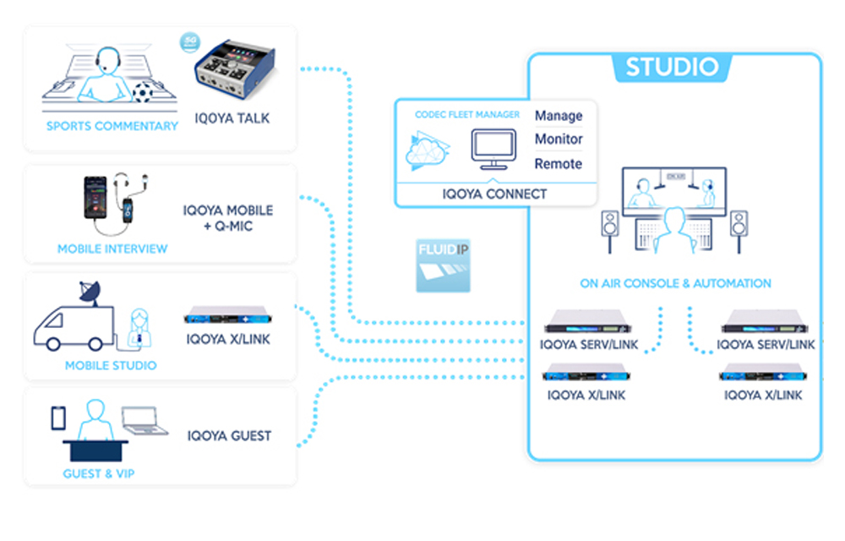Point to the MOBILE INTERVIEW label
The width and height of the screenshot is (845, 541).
coord(112,249)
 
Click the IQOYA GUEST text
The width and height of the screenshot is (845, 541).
coord(229,436)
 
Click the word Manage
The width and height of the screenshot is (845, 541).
coord(559,116)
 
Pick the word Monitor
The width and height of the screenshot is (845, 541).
coord(559,139)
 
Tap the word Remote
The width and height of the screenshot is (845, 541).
coord(559,163)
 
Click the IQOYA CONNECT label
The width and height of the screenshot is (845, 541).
coord(494,194)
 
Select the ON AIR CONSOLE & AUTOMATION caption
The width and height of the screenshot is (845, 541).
coord(675,283)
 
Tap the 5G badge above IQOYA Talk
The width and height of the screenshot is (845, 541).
coord(190,41)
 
